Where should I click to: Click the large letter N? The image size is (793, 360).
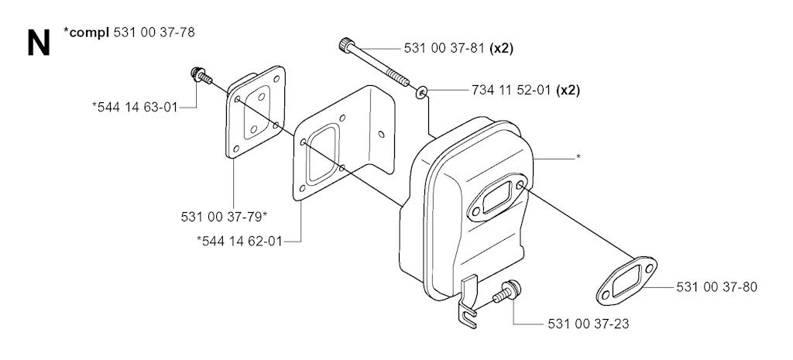point(39,43)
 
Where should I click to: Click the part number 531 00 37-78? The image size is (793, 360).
point(154,33)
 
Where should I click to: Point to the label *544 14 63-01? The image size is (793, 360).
point(135,107)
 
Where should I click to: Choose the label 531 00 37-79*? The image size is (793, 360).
point(224,217)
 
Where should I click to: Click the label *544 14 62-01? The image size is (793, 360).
point(239,242)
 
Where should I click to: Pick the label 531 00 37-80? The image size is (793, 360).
point(716,287)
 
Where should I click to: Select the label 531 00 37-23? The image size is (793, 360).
point(589,324)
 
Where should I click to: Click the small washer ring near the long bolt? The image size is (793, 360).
point(421,93)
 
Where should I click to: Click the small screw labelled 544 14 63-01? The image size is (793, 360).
point(201,76)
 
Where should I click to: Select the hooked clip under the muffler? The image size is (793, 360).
point(468,303)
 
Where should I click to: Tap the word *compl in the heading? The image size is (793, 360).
point(86,33)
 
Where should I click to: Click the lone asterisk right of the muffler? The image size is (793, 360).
point(578,157)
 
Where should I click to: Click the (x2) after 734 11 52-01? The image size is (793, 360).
point(568,91)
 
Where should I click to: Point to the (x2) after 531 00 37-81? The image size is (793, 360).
point(502,49)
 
